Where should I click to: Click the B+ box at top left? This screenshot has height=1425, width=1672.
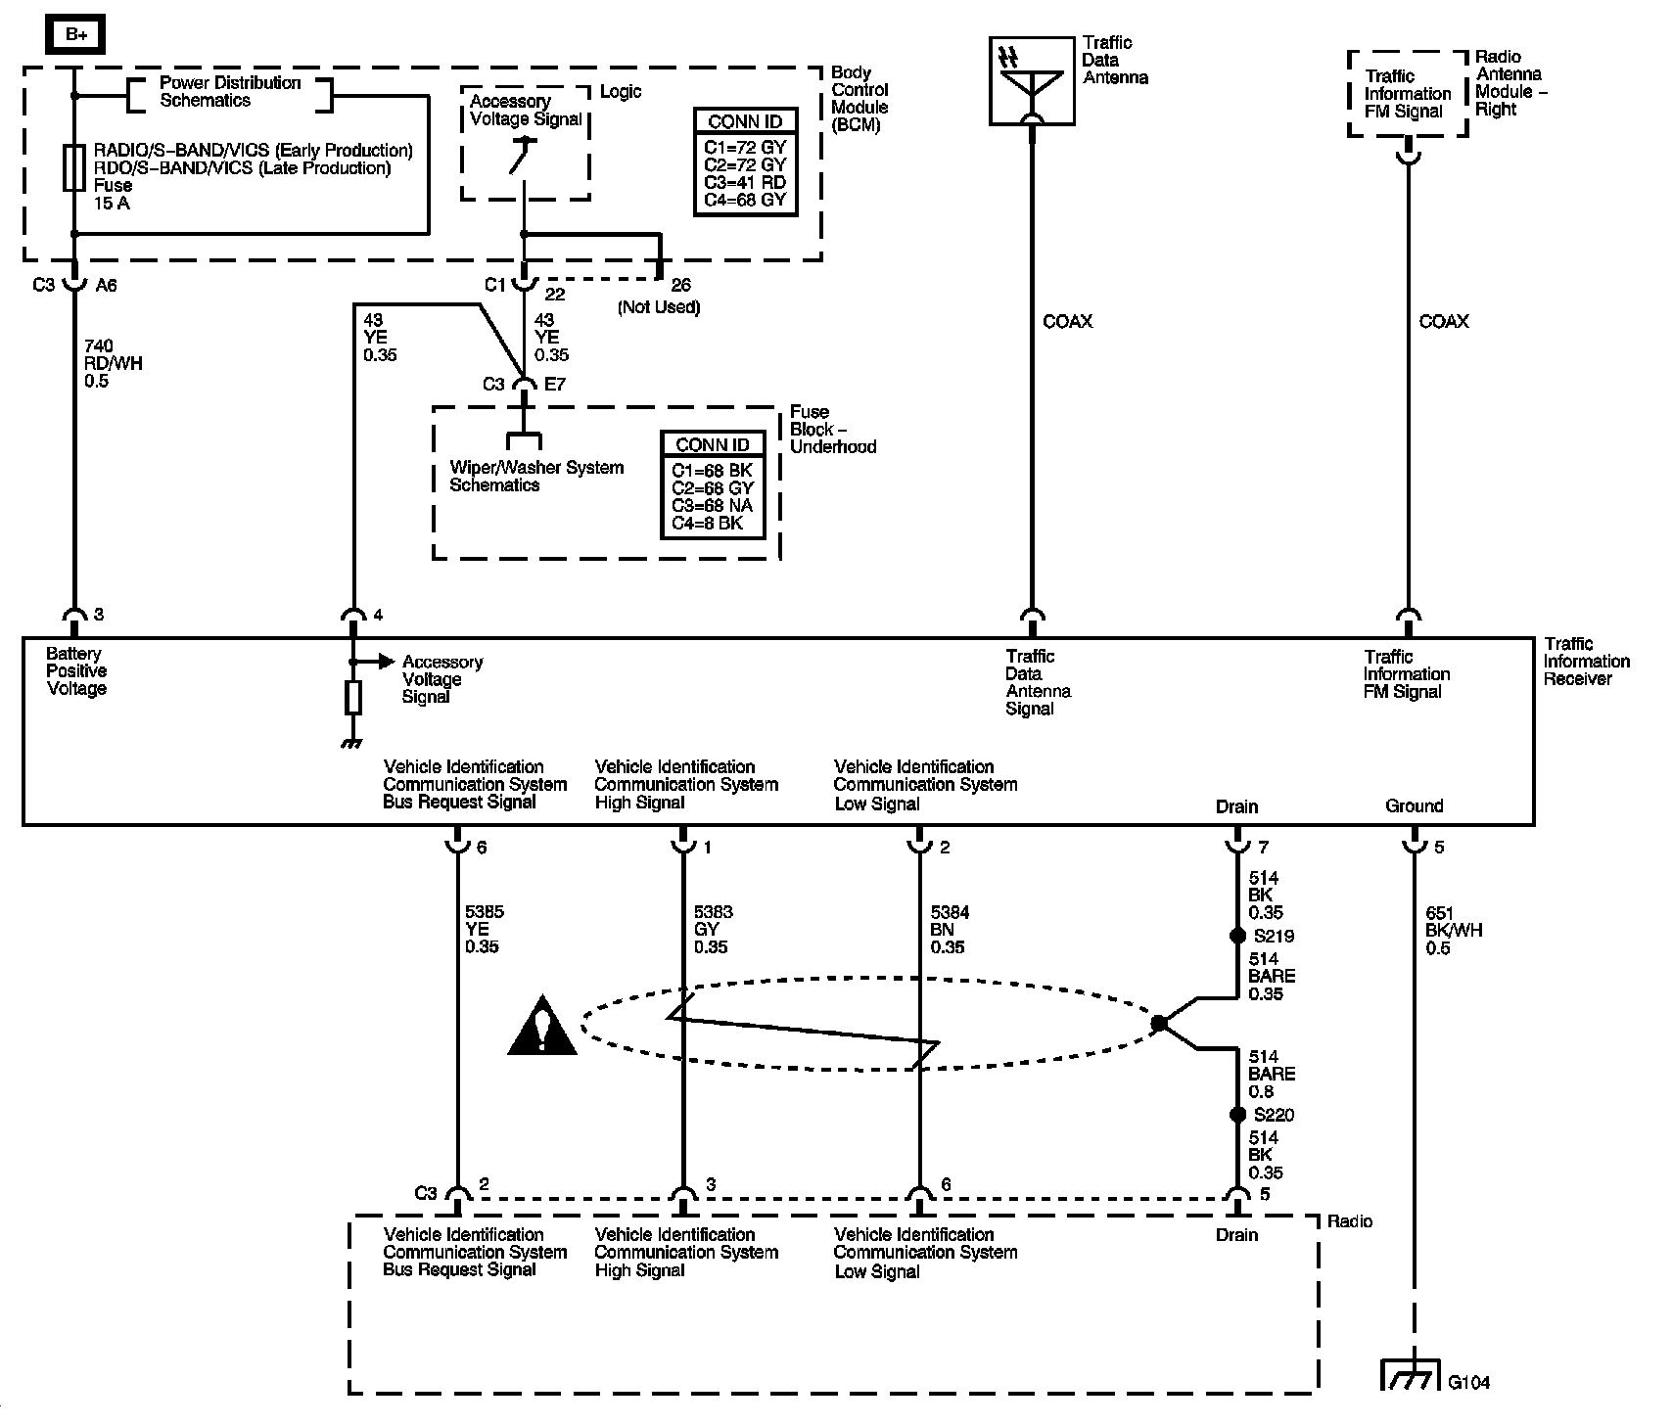75,35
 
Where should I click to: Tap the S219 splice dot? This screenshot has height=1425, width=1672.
1237,936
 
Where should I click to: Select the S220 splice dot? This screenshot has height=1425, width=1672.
1237,1115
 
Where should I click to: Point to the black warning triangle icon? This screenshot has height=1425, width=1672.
541,1028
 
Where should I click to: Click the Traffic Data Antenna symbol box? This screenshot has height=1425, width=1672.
1032,81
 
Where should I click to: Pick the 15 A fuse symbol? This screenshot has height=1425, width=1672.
75,167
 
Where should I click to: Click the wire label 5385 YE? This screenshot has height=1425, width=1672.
484,929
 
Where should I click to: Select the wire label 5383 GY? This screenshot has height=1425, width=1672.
713,929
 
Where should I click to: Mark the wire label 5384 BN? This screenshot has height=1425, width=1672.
950,929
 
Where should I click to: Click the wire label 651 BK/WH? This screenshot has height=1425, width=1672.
1455,930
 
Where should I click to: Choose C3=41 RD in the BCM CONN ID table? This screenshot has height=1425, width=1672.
745,183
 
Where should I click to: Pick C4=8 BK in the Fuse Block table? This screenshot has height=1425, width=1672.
708,524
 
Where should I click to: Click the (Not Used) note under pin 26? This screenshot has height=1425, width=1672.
659,307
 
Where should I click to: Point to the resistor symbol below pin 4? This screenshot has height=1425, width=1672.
353,698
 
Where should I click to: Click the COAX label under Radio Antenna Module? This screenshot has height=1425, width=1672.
1444,321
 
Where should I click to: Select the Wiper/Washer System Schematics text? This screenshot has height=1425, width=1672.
536,476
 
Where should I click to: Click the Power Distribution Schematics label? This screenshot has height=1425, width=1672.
230,91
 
